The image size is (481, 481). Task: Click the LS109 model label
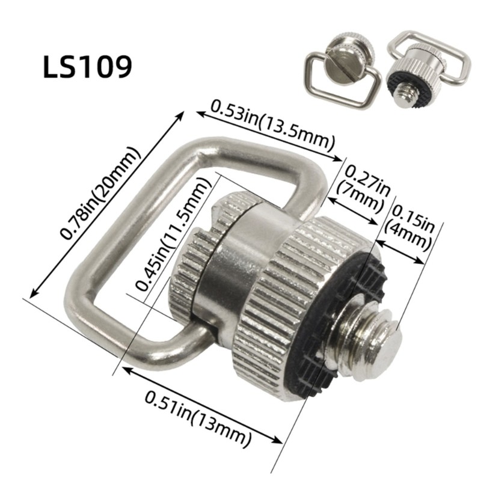(x=88, y=67)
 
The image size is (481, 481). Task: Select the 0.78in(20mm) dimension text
(x=100, y=192)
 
